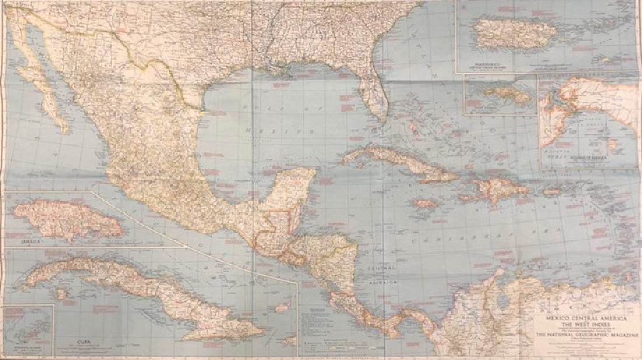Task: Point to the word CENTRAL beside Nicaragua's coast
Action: click(x=379, y=267)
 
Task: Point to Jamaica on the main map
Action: click(x=426, y=204)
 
